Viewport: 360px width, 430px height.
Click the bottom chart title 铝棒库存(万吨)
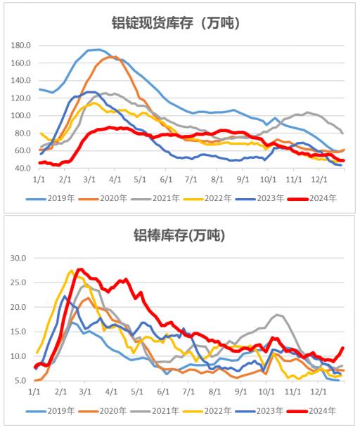179,234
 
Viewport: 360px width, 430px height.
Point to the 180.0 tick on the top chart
22,46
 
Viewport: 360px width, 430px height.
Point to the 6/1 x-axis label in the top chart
167,180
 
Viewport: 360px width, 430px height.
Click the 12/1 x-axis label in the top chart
316,180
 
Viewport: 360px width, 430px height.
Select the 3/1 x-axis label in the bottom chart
85,391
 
